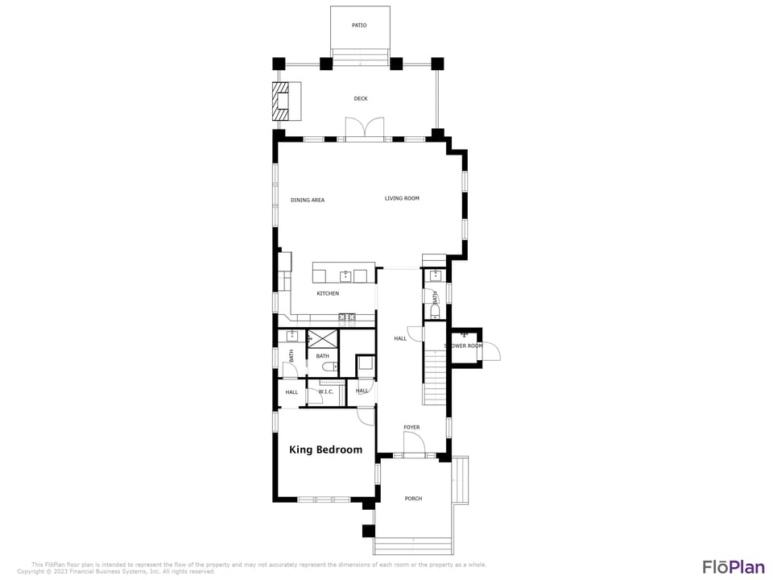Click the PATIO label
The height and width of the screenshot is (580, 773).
pyautogui.click(x=359, y=26)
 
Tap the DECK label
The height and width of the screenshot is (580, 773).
pyautogui.click(x=361, y=99)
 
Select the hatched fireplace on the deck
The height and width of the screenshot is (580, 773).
pyautogui.click(x=279, y=101)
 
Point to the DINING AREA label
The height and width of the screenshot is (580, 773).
pyautogui.click(x=308, y=200)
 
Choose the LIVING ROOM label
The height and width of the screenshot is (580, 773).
pyautogui.click(x=402, y=198)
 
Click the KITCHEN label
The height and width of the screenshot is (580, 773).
pyautogui.click(x=328, y=293)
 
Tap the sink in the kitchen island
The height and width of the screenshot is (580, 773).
pyautogui.click(x=345, y=276)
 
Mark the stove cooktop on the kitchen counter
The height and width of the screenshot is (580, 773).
pyautogui.click(x=347, y=317)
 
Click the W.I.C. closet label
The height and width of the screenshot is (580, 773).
pyautogui.click(x=326, y=391)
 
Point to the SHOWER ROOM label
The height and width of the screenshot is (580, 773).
pyautogui.click(x=465, y=346)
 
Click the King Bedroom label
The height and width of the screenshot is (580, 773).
pyautogui.click(x=325, y=449)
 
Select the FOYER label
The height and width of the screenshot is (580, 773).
pyautogui.click(x=411, y=428)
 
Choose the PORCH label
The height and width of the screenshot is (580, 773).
pyautogui.click(x=413, y=499)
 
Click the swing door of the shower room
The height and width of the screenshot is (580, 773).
pyautogui.click(x=491, y=351)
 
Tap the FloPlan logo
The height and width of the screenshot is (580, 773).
pyautogui.click(x=733, y=566)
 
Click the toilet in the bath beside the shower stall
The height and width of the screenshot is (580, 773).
pyautogui.click(x=328, y=367)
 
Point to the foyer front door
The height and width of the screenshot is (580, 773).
pyautogui.click(x=414, y=444)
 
